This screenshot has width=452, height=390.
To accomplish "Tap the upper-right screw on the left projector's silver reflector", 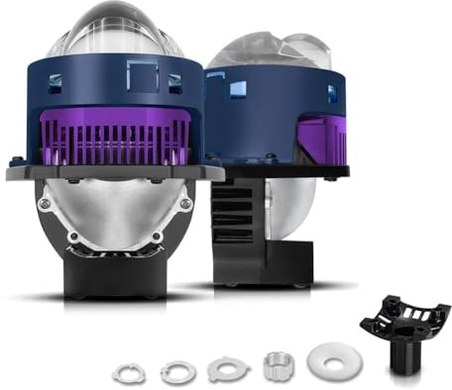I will (x=185, y=204).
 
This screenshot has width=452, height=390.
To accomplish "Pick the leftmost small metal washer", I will (x=128, y=374).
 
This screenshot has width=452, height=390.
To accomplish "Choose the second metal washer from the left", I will (x=178, y=372).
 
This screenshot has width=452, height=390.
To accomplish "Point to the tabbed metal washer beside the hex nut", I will (x=229, y=369).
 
